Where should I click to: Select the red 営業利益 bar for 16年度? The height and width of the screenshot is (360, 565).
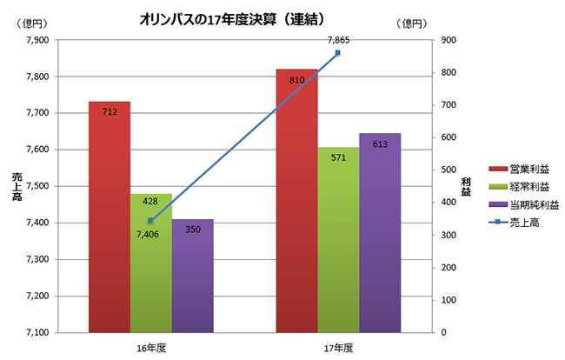(x=110, y=217)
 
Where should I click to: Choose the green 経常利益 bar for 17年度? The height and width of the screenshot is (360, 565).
(x=338, y=243)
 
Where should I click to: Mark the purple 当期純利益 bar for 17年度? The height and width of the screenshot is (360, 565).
(x=380, y=235)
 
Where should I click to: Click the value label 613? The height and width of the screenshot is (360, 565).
(x=380, y=144)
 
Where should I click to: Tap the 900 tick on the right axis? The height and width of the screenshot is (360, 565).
(x=448, y=40)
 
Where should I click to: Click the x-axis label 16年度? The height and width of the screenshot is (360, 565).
(x=151, y=348)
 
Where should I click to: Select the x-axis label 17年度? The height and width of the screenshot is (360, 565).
(x=338, y=348)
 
